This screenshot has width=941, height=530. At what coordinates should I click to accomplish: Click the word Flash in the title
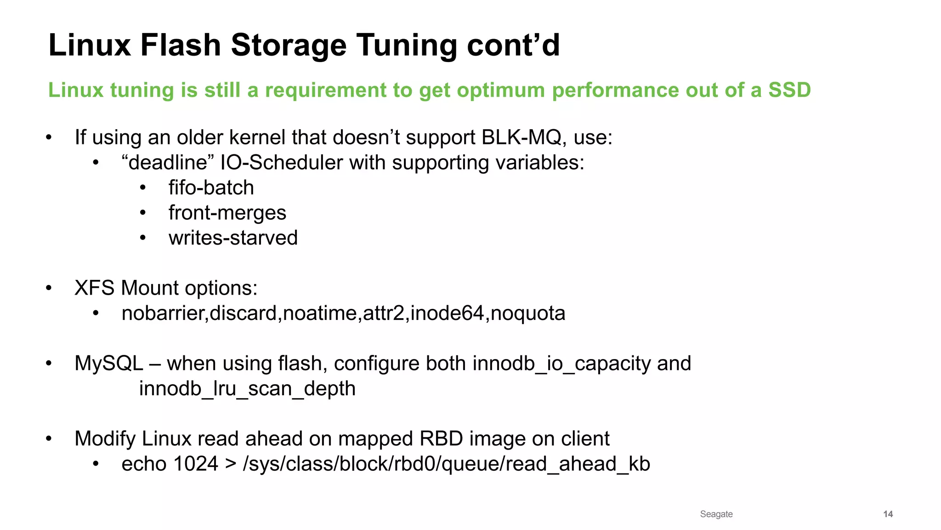point(180,45)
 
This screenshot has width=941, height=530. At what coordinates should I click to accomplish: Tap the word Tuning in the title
point(407,45)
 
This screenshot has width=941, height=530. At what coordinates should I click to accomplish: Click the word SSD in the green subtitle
point(789,90)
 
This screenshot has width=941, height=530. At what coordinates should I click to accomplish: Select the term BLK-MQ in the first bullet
point(521,137)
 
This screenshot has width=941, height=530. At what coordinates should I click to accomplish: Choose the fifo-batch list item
point(211,188)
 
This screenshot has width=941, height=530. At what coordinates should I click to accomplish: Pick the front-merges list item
point(227,213)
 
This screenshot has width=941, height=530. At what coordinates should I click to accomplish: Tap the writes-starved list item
point(233,238)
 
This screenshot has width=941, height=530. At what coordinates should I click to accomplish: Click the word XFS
point(94,288)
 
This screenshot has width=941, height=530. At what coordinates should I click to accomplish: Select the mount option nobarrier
point(164,313)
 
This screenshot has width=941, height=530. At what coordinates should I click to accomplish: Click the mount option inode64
point(447,313)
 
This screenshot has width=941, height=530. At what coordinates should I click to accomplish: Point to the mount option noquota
point(528,313)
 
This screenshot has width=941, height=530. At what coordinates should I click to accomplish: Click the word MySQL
point(109,364)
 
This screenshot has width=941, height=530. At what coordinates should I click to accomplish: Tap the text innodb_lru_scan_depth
point(247,389)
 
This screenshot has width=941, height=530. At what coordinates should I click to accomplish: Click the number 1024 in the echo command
point(195,464)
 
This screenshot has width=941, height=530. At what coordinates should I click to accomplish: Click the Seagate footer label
point(716,514)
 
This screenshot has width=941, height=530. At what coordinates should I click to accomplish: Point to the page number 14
point(888,514)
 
